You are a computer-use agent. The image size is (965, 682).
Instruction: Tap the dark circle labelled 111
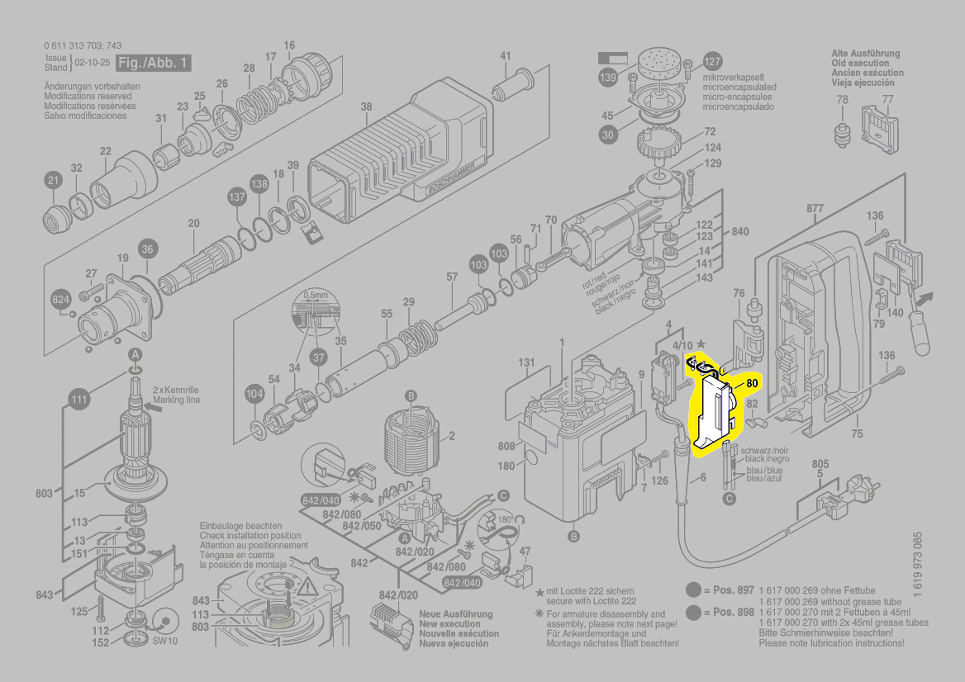[x=78, y=400]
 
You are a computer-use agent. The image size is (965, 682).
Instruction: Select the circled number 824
[x=61, y=301]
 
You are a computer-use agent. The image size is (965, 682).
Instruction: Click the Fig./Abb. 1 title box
[x=154, y=63]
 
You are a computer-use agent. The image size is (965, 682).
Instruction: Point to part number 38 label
[x=366, y=107]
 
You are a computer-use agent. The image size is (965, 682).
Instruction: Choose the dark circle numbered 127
[x=712, y=62]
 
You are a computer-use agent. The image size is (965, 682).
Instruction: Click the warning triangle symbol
[x=309, y=589]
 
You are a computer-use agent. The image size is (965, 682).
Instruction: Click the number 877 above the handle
[x=815, y=209]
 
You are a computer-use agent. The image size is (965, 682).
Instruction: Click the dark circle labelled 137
[x=237, y=197]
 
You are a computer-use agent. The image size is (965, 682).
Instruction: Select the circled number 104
[x=254, y=395]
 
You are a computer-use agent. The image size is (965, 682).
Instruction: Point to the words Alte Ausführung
[x=865, y=54]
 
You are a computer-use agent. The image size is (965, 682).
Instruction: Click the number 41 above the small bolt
[x=506, y=56]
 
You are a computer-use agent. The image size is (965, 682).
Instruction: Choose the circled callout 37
[x=318, y=357]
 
